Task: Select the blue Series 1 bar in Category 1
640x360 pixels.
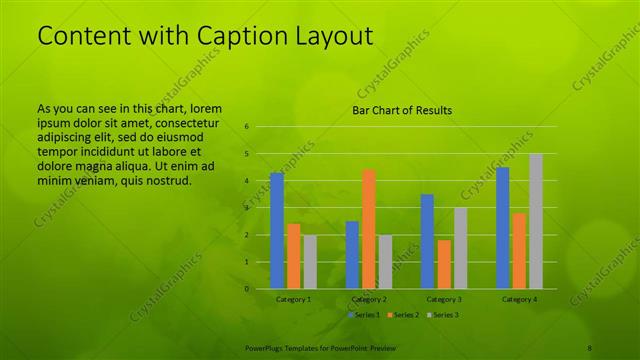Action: (x=277, y=230)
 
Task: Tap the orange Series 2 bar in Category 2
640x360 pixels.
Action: (x=368, y=228)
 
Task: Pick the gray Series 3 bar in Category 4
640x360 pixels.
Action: (x=536, y=221)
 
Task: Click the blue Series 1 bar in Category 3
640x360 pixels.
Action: (x=427, y=241)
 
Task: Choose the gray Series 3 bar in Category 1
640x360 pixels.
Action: (x=310, y=262)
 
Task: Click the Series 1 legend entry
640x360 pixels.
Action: (x=364, y=315)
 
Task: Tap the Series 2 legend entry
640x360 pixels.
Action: (x=402, y=315)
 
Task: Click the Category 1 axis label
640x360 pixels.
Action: (x=294, y=299)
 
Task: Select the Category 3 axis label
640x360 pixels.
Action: (x=444, y=299)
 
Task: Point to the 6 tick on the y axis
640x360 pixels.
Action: (x=246, y=127)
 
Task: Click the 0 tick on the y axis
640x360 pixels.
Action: (x=246, y=288)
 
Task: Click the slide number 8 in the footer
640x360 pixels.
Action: (x=590, y=347)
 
